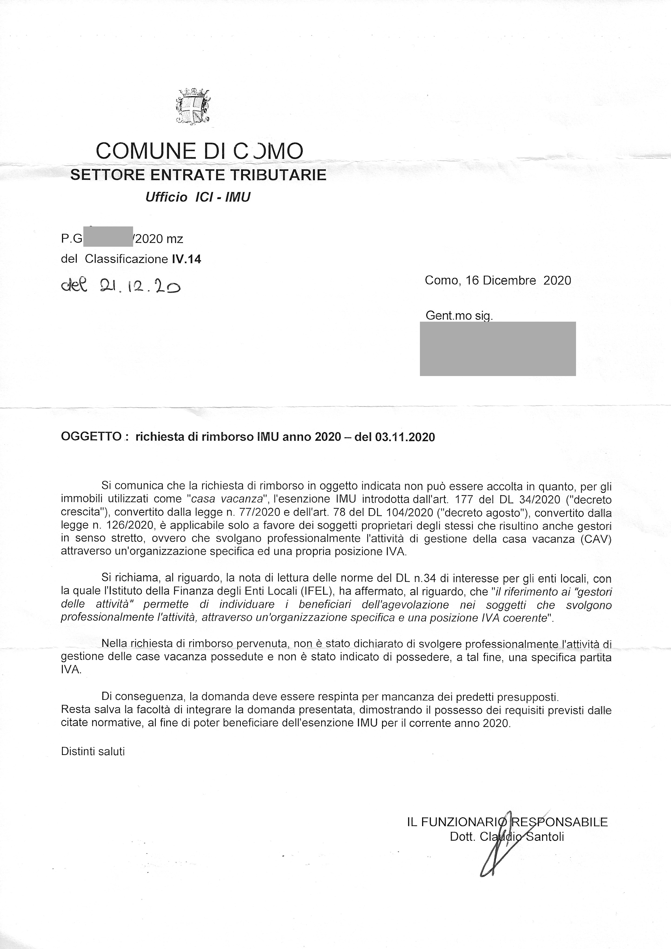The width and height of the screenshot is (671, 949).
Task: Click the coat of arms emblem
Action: point(193,106)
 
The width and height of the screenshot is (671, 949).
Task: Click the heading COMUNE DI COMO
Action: point(199,151)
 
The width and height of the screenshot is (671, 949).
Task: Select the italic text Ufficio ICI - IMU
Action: point(198,197)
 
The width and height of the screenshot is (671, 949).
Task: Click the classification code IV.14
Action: point(186,259)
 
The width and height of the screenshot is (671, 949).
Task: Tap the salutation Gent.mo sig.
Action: point(459,316)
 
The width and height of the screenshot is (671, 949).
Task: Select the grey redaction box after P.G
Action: point(108,237)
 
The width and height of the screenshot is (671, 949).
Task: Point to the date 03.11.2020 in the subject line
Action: point(405,437)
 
